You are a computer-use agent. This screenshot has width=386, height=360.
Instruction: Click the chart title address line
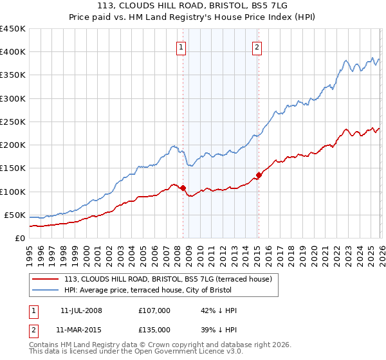click(x=192, y=6)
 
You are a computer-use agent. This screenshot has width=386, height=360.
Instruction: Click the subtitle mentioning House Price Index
click(x=192, y=17)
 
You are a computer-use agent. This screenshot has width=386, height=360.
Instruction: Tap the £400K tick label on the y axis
click(x=12, y=52)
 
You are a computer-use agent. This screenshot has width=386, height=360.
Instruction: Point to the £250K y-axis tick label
click(x=12, y=122)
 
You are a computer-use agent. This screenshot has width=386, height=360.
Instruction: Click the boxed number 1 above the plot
click(x=181, y=47)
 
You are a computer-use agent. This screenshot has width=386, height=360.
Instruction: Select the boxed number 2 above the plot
click(x=257, y=47)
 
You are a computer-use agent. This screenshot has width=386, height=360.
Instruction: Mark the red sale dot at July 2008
click(x=183, y=188)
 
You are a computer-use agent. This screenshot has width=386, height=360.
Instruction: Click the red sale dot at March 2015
click(x=259, y=175)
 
